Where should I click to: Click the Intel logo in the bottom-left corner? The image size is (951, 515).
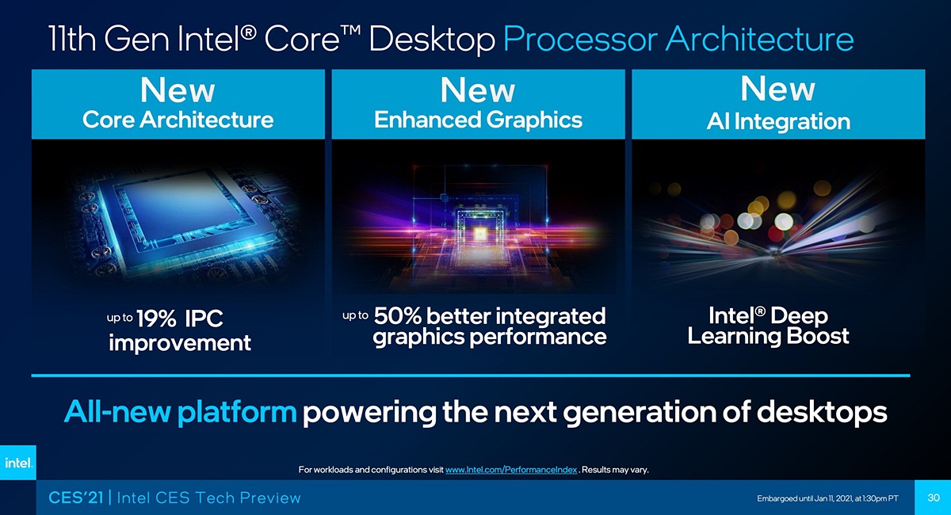pos(17,463)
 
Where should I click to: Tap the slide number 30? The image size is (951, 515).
pos(934,498)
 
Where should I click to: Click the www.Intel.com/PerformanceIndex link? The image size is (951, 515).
pos(511,470)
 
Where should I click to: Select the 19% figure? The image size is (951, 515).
pos(156,319)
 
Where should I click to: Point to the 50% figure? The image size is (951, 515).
pos(397,316)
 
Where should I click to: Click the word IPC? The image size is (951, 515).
pos(204,319)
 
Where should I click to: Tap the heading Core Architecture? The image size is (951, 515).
pos(178,120)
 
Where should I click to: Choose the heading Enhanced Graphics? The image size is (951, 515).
pos(478,120)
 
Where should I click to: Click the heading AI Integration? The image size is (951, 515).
pos(778,122)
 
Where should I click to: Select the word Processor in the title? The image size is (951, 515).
pos(580,39)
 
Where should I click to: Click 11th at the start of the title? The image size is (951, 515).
pos(72,39)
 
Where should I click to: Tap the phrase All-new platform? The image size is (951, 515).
pos(180,412)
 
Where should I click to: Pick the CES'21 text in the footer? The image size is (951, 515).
pos(75,498)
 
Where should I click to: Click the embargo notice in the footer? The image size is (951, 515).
pos(827,498)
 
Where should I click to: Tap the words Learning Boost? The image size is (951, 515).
pos(768,336)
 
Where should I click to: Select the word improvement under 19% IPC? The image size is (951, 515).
pos(180,343)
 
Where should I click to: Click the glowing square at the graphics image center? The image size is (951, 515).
pos(479,233)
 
